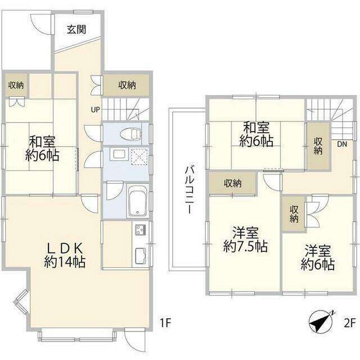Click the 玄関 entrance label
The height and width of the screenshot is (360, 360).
pyautogui.click(x=76, y=29)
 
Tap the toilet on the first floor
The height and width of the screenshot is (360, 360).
pyautogui.click(x=130, y=134)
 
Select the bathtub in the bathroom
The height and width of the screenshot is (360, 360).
pyautogui.click(x=137, y=200)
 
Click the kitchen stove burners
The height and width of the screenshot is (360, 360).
pyautogui.click(x=141, y=229)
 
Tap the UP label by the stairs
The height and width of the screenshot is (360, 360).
pyautogui.click(x=95, y=110)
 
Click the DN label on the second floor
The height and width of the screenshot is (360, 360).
pyautogui.click(x=342, y=144)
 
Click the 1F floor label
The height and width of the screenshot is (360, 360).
pyautogui.click(x=165, y=323)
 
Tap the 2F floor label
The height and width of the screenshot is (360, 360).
pyautogui.click(x=350, y=323)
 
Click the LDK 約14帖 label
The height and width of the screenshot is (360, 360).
pyautogui.click(x=65, y=255)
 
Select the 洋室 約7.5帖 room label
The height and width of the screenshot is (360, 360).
pyautogui.click(x=245, y=240)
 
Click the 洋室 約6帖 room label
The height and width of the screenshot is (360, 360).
pyautogui.click(x=318, y=258)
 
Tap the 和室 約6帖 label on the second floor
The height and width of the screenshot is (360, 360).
pyautogui.click(x=256, y=134)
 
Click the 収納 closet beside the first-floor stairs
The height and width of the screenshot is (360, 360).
pyautogui.click(x=127, y=85)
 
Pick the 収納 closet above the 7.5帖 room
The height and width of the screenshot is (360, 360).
pyautogui.click(x=232, y=183)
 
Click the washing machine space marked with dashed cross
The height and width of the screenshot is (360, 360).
pyautogui.click(x=139, y=156)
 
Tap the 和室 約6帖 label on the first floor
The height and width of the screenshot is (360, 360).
pyautogui.click(x=42, y=148)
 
